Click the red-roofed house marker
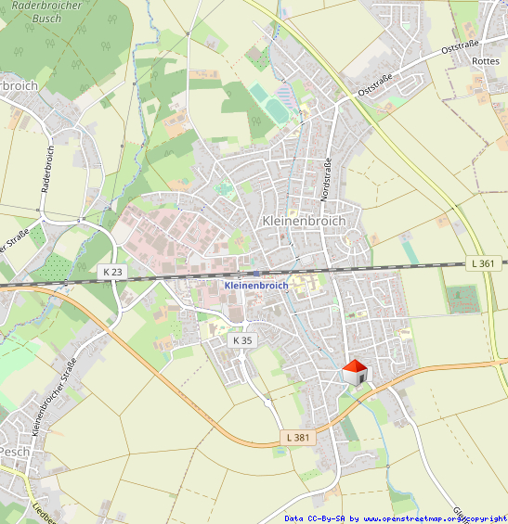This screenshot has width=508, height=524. point(355,373)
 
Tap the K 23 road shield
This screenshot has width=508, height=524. point(112,271)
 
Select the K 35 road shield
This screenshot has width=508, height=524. point(242,340)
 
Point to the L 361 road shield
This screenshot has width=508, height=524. point(483,263)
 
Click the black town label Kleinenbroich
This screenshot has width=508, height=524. point(304,222)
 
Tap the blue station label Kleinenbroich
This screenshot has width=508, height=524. point(256,286)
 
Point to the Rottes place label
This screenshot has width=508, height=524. point(486,61)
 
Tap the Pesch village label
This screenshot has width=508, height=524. point(15,451)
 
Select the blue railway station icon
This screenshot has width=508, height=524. point(256,273)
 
